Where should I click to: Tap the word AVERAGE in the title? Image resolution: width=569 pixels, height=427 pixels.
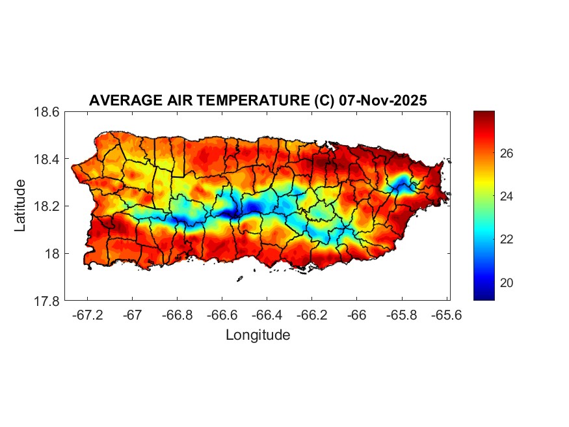coord(122,101)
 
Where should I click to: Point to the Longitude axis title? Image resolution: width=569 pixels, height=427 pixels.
coord(258,335)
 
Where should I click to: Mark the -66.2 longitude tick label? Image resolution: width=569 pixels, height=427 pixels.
coord(311,315)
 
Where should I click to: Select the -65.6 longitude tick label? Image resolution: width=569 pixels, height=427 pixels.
coord(446,315)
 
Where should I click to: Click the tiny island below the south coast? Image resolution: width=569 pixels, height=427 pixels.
coord(239,279)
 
